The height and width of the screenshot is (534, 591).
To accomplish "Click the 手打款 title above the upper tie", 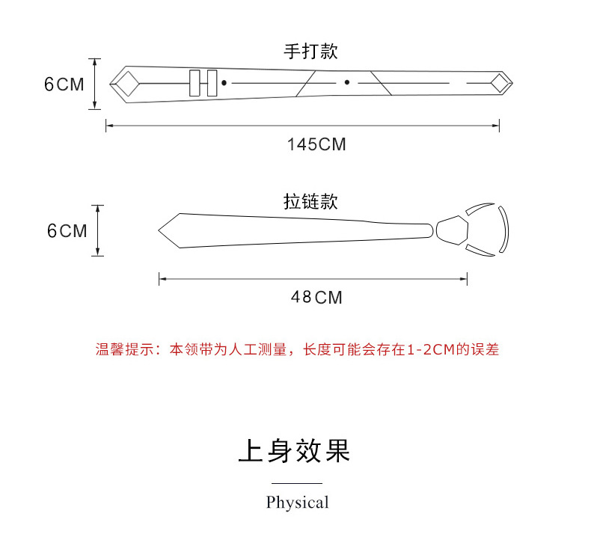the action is tap(310, 52).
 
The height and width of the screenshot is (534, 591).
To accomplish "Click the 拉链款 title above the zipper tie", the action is tap(310, 202).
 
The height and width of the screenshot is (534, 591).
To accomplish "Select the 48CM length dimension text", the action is tap(316, 298).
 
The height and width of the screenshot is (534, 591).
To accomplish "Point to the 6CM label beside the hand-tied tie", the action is tap(64, 84).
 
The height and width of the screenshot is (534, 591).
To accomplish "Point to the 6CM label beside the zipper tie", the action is tap(67, 231).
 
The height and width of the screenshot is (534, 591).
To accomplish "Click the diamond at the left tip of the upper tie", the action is tap(125, 83).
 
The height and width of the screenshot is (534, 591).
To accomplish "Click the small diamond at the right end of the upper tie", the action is tap(499, 83).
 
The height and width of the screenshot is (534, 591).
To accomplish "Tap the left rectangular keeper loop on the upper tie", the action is tap(195, 83).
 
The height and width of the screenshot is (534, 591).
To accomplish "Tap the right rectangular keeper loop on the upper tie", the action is tap(212, 83).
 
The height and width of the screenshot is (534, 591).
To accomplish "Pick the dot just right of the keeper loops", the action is tap(224, 82).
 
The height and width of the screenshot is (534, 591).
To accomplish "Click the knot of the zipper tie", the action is tap(450, 230).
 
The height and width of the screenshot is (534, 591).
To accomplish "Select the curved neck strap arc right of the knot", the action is tap(505, 230).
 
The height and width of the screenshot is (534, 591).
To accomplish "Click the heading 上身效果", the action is tap(295, 452).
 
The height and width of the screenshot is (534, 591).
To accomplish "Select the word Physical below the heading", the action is tap(297, 503).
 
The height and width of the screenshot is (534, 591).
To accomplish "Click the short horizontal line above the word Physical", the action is tap(296, 484).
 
